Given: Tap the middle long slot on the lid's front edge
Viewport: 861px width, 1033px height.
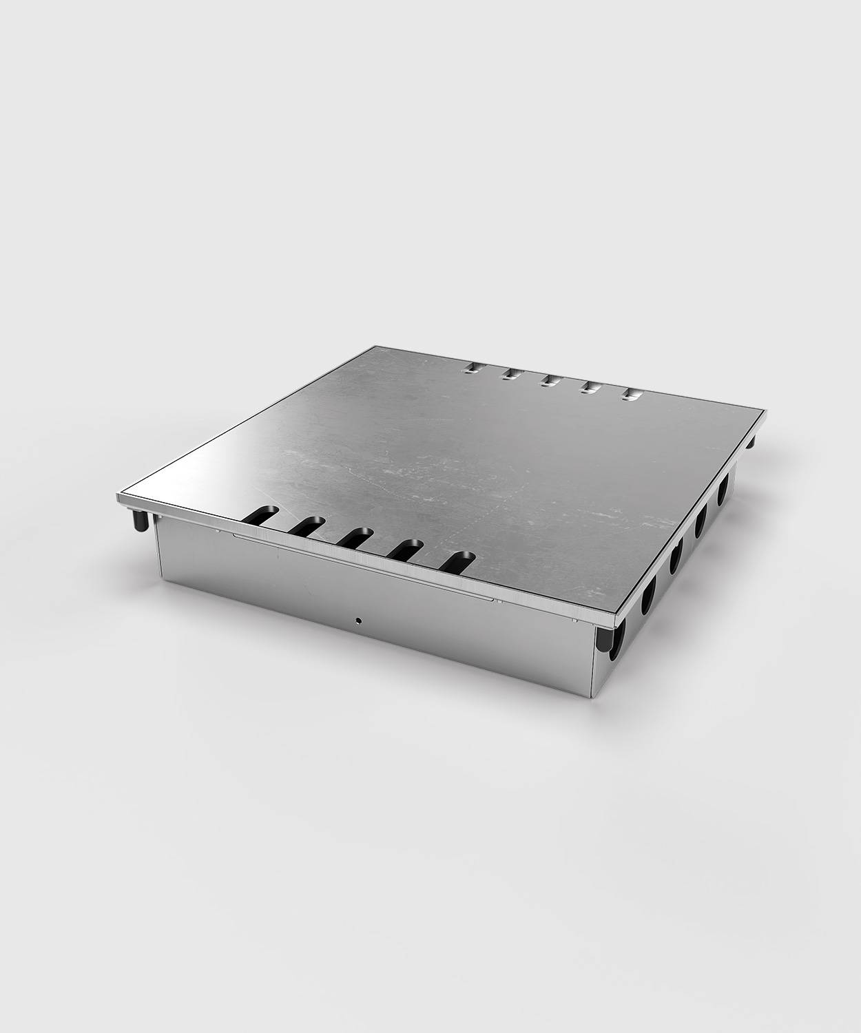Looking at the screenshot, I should pos(355,538).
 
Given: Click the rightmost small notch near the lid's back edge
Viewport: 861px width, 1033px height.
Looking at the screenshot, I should pos(630,395).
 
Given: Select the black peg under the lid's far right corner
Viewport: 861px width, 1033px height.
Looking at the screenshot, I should pos(751,441).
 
